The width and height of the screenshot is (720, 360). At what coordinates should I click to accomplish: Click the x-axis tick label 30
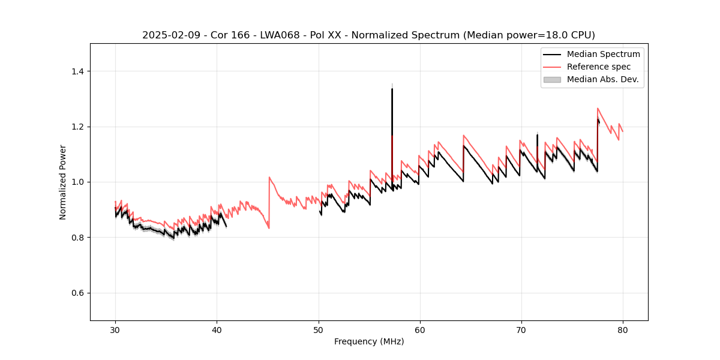[x=115, y=329]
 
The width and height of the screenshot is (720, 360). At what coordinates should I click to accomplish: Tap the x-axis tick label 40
[x=217, y=329]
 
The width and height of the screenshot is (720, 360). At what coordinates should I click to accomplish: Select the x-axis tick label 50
[x=319, y=329]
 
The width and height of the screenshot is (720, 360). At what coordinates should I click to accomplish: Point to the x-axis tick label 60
[x=420, y=329]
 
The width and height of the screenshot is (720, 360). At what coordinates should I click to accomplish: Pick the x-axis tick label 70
[x=521, y=329]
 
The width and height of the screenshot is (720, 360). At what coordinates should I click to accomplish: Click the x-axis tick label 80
[x=623, y=329]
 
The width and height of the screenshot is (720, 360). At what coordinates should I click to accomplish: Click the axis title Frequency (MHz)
[x=369, y=341]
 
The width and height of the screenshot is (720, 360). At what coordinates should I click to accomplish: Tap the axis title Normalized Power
[x=62, y=182]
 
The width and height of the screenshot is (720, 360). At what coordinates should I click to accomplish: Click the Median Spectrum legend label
[x=603, y=54]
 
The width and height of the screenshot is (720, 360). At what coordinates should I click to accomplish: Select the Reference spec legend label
[x=599, y=67]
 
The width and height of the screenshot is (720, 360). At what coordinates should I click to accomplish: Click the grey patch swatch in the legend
[x=552, y=79]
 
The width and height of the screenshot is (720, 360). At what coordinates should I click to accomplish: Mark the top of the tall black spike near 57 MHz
[x=392, y=89]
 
